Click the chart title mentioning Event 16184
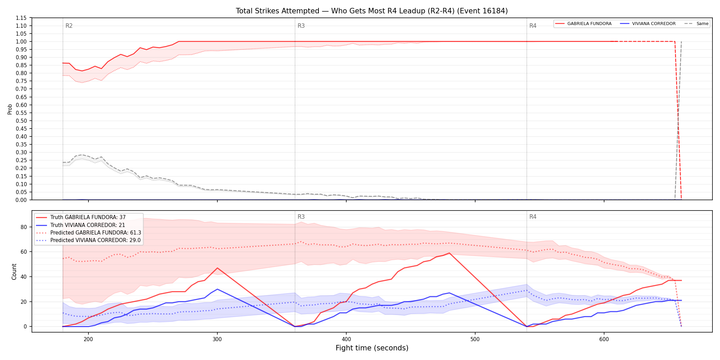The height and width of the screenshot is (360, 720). coord(372,11)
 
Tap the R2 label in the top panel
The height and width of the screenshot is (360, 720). coord(69,26)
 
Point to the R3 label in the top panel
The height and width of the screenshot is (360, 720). coord(301,26)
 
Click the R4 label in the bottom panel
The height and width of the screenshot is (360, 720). coord(533,217)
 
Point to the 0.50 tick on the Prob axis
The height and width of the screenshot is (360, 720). coord(22,121)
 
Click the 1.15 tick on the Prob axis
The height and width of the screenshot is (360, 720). coord(22,18)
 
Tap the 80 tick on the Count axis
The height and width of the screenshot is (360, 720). coord(24,227)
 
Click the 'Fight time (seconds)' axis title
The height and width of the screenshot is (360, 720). coord(372,348)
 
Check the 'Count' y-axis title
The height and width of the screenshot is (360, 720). coord(14,272)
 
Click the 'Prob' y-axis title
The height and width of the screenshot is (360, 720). coord(10,109)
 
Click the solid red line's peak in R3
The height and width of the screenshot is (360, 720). coord(449,253)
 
